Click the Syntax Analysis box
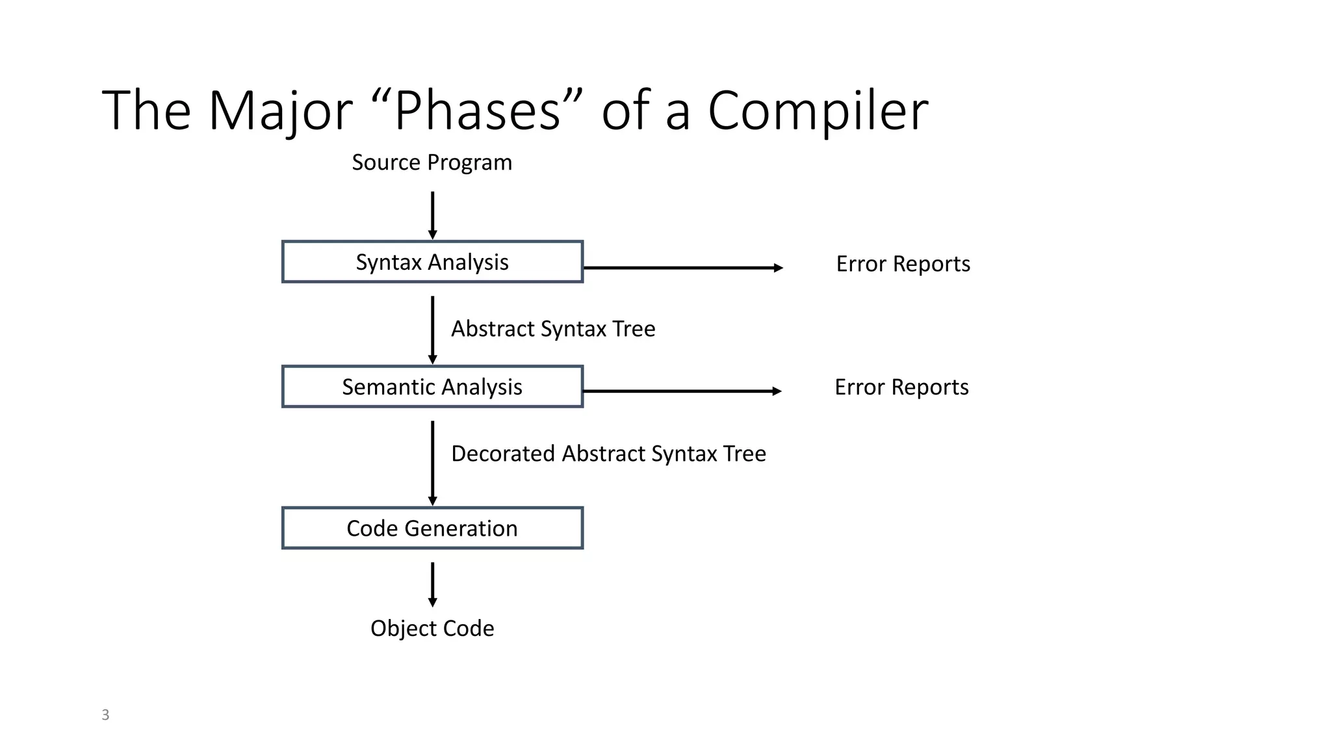[432, 262]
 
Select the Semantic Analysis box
[432, 387]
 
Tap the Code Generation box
[432, 528]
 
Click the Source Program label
[432, 163]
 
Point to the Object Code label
[432, 628]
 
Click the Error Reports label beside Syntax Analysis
[903, 264]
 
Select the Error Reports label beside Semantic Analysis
[901, 387]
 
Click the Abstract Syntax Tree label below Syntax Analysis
[553, 329]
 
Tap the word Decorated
[503, 453]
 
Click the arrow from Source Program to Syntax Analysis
[433, 215]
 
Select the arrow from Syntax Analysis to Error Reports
[682, 268]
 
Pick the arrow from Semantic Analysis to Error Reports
[682, 391]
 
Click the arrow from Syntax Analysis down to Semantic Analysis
[433, 330]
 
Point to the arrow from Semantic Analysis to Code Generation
[433, 462]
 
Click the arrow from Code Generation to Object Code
[433, 584]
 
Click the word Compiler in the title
[818, 111]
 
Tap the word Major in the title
[280, 111]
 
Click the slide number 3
[105, 715]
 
